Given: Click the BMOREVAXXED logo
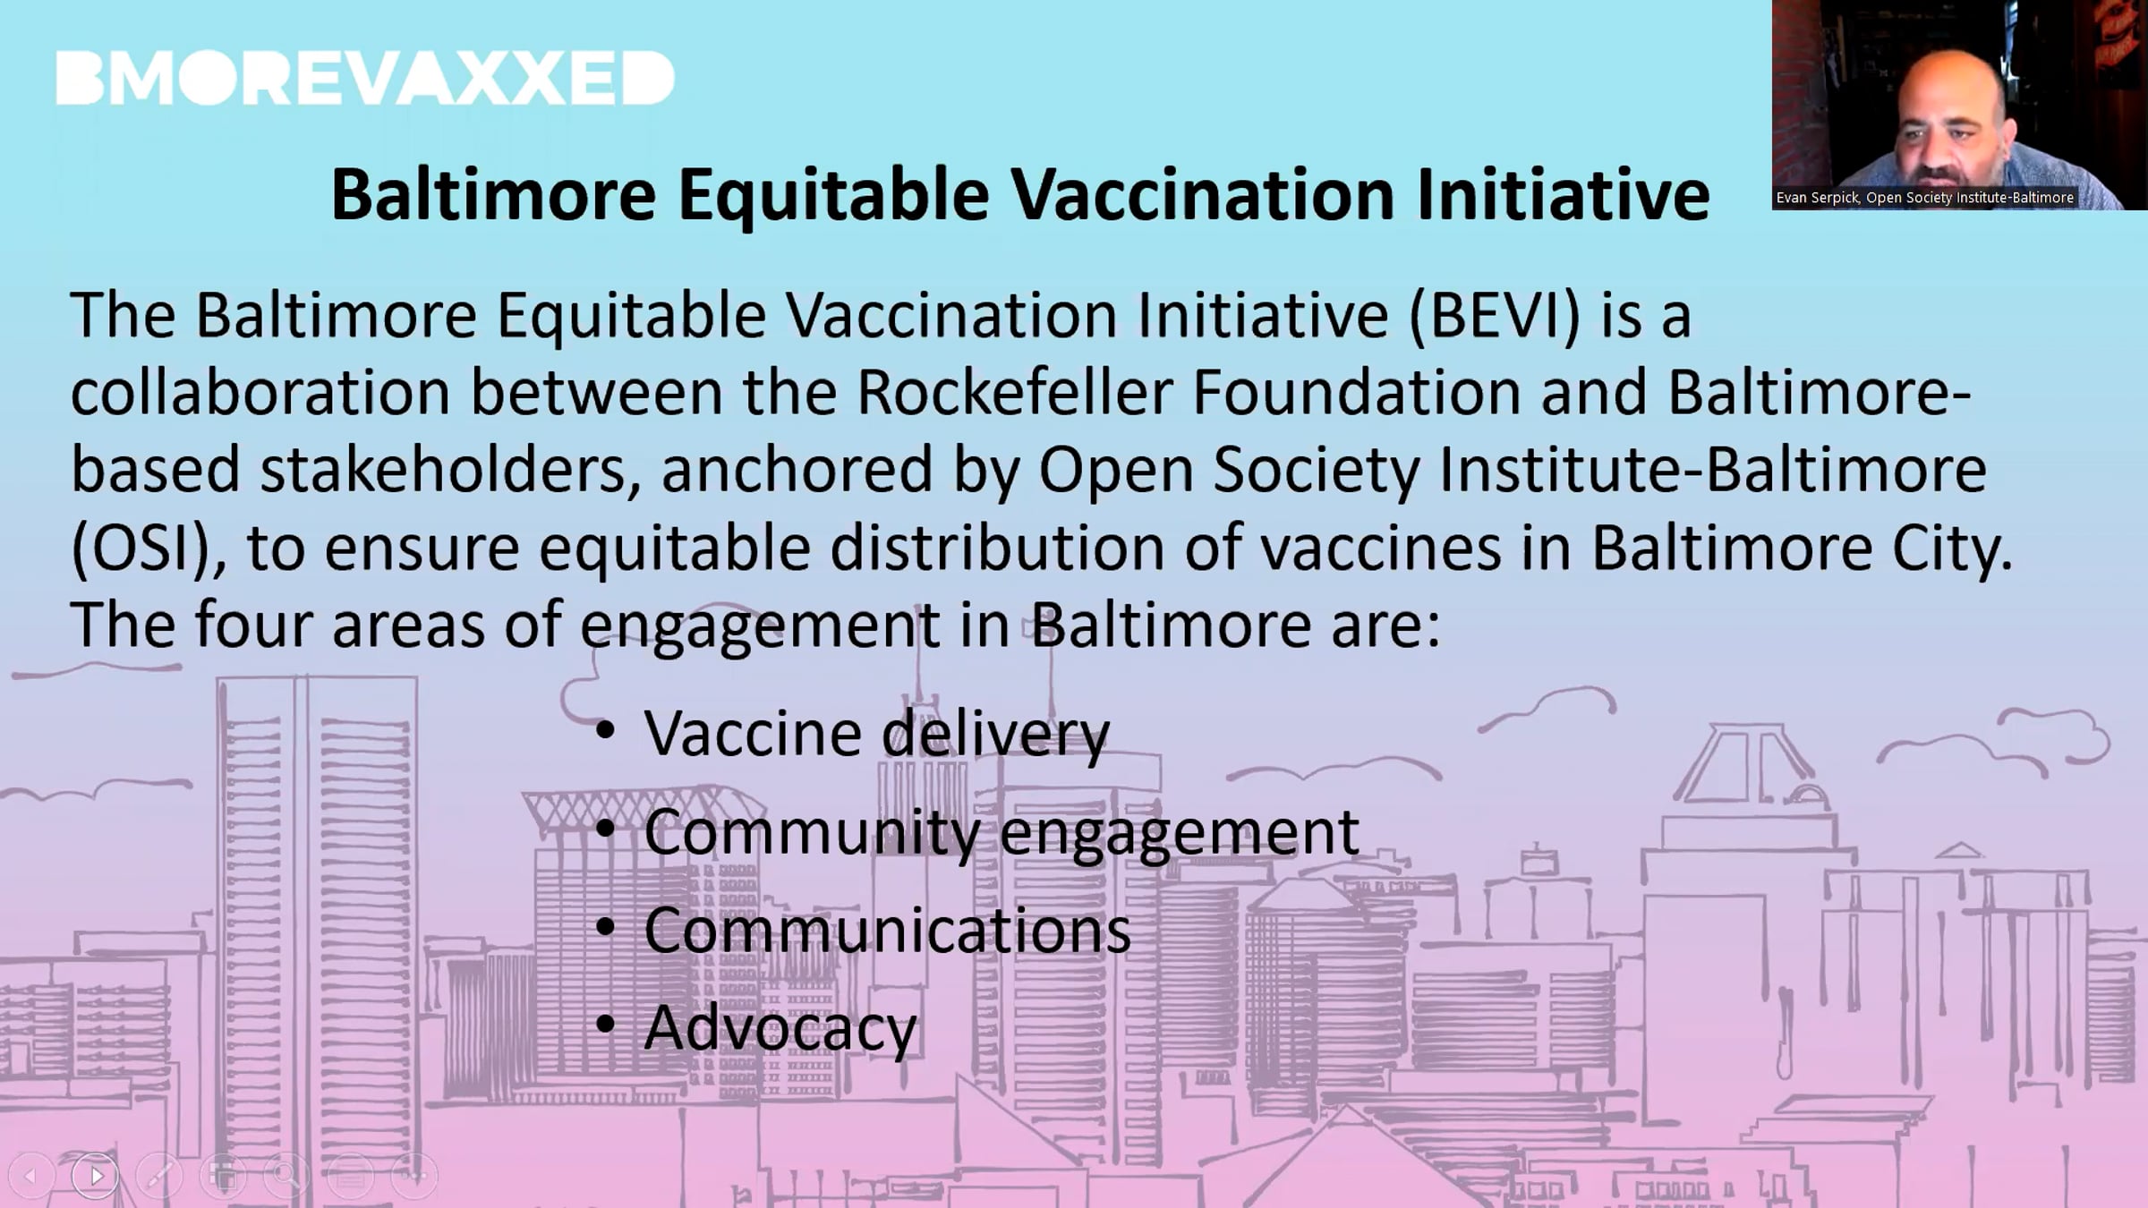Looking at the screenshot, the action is pyautogui.click(x=365, y=78).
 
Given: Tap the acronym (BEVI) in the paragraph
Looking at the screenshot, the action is pyautogui.click(x=1494, y=316).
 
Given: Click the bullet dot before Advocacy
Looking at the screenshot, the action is pyautogui.click(x=606, y=1023).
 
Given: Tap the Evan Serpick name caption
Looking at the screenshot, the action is pyautogui.click(x=1924, y=198).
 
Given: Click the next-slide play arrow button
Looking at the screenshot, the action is pyautogui.click(x=96, y=1175).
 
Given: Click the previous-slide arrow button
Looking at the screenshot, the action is pyautogui.click(x=30, y=1175).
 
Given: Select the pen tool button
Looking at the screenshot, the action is pyautogui.click(x=160, y=1175).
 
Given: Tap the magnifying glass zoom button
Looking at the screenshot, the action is pyautogui.click(x=286, y=1175).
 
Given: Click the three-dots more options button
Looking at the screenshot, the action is pyautogui.click(x=414, y=1175).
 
